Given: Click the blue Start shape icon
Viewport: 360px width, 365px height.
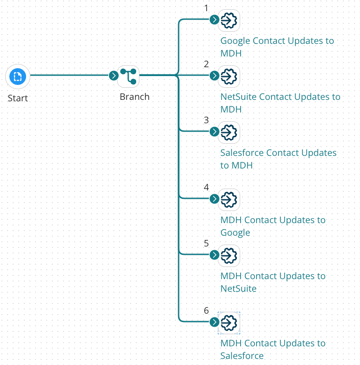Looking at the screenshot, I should [18, 77].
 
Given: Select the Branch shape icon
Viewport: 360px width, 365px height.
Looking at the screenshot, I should [128, 76].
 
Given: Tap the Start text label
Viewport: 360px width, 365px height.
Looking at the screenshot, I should [18, 98].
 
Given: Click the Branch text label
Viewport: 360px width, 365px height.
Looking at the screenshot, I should [135, 97].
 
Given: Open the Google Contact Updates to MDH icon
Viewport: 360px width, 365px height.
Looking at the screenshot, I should [229, 20].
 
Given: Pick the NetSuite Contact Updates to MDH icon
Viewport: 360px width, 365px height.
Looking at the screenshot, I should [229, 76].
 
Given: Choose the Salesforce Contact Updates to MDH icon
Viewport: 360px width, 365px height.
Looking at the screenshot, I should [229, 132].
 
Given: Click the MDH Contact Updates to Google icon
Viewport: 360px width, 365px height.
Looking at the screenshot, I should [229, 199].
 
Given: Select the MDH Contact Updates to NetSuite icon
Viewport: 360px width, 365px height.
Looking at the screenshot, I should [229, 255].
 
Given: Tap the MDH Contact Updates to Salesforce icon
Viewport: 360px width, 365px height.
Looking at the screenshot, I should [229, 323].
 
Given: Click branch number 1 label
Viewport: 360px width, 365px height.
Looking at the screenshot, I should [206, 8].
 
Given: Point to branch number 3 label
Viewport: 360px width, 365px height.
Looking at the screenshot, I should [206, 120].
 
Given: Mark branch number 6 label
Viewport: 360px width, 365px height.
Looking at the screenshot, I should [206, 310].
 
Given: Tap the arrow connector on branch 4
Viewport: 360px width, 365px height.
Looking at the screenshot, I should [214, 199].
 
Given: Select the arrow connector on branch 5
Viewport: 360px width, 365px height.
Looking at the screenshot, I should [214, 255].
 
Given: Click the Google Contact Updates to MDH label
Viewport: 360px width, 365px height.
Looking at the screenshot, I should [277, 47].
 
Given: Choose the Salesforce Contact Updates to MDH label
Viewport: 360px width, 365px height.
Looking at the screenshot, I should [278, 159].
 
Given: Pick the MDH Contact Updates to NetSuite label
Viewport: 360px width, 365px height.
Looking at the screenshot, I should [273, 282].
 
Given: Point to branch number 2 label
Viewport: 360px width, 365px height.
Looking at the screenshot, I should [206, 64].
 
